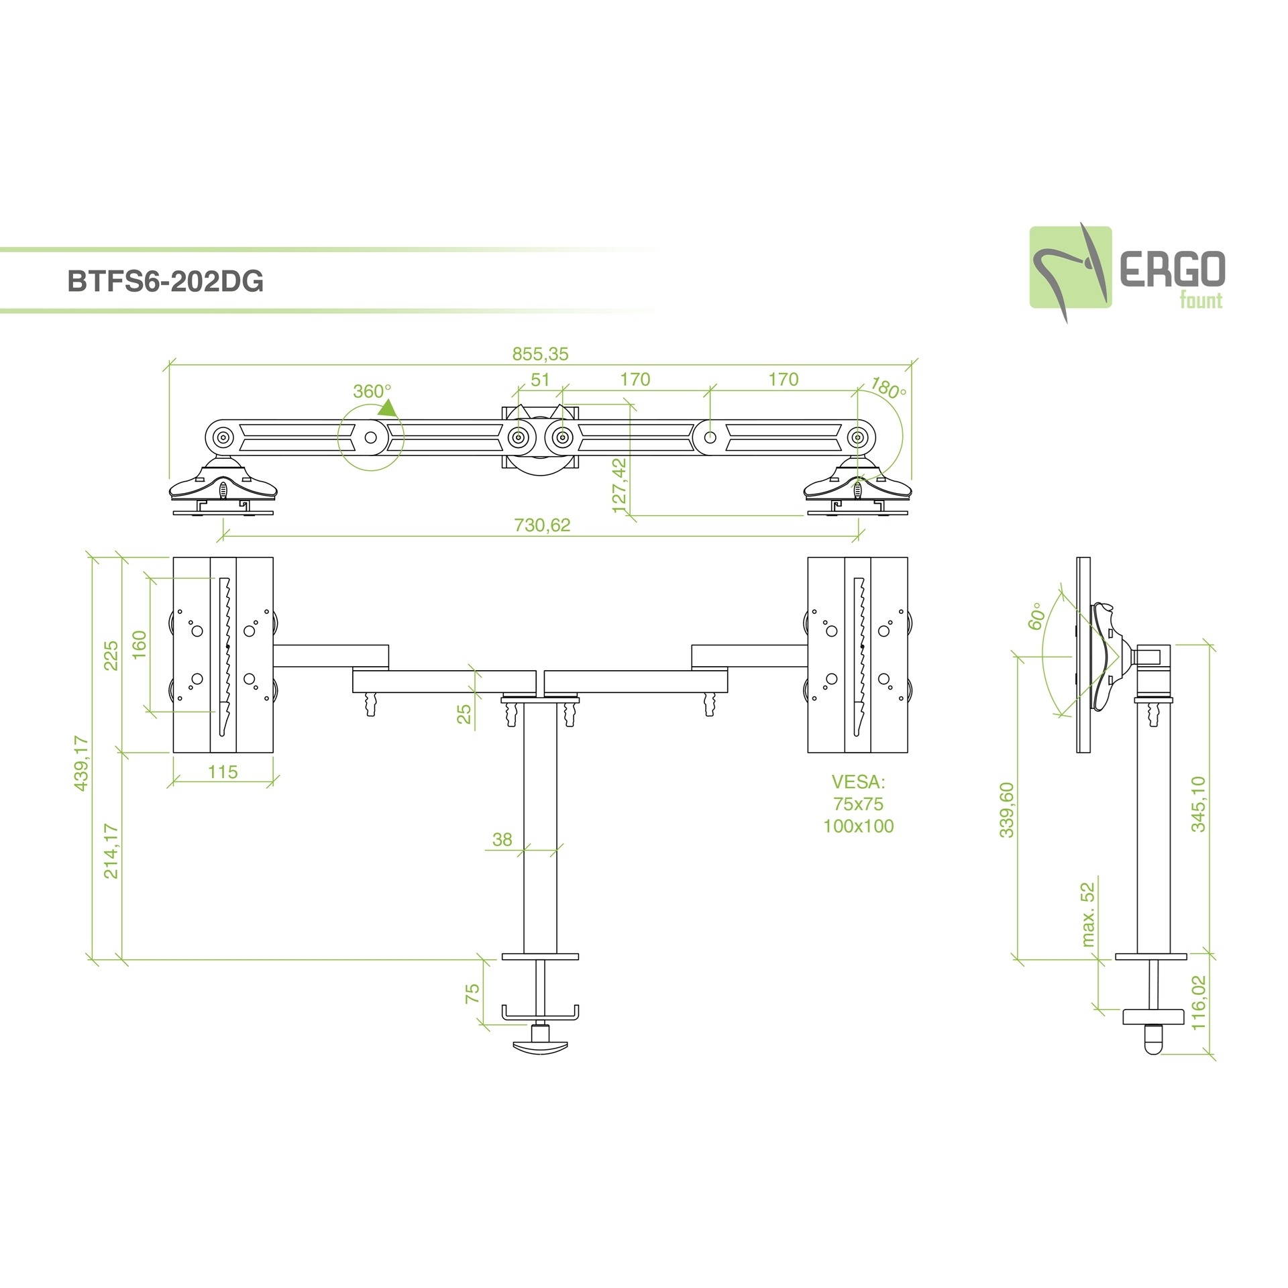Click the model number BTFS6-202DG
tap(166, 282)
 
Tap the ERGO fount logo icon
tap(1070, 267)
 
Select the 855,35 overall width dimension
tap(540, 354)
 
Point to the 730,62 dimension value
tap(542, 525)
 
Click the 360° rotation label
tap(372, 391)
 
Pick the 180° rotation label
tap(888, 388)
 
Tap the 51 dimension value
tap(540, 380)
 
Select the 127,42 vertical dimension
tap(619, 485)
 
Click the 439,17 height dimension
tap(81, 763)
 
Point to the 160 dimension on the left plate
tap(139, 645)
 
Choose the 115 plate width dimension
tap(222, 772)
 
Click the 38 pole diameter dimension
tap(502, 839)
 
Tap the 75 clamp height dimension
tap(472, 994)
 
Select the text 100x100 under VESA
tap(859, 826)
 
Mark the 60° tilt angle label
tap(1036, 615)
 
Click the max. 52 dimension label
tap(1087, 914)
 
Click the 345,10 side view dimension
tap(1198, 804)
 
